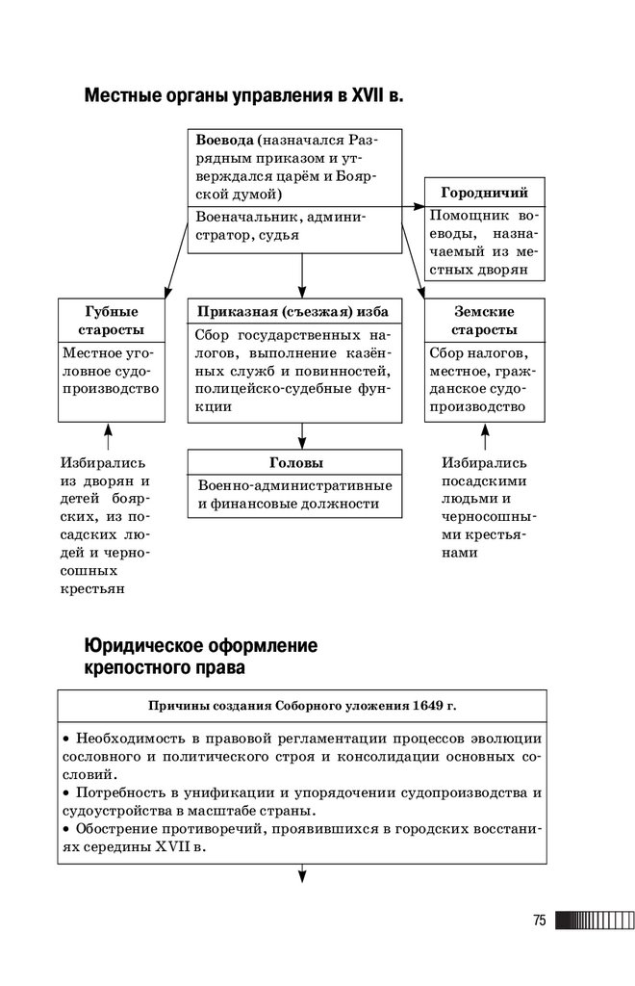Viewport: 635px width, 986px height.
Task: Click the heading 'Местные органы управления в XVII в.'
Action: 244,96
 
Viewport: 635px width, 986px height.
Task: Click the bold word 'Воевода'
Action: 225,138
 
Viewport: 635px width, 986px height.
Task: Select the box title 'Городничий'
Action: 484,193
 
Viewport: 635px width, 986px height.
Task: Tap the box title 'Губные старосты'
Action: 112,321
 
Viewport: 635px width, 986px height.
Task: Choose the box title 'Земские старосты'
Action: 484,321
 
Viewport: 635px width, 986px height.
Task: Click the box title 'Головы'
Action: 294,463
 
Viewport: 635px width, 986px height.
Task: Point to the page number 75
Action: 539,921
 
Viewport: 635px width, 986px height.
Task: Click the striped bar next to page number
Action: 594,921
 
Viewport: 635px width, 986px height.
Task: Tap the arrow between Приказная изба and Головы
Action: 302,436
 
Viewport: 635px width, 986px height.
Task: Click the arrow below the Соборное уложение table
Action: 302,874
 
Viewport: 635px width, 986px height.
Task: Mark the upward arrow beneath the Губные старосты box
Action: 108,435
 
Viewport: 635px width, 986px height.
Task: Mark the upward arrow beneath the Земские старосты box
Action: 483,435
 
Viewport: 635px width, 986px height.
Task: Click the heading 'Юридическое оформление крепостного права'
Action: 200,655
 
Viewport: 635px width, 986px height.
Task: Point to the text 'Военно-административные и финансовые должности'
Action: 294,494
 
